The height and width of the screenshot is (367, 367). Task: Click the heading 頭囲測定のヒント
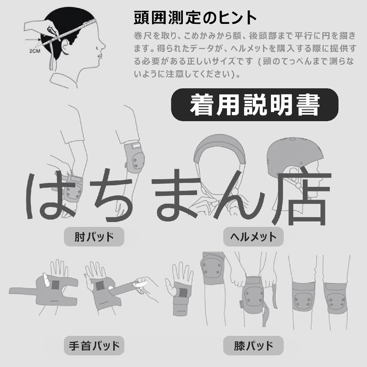[x=195, y=18]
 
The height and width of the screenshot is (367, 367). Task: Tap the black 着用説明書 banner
[x=254, y=105]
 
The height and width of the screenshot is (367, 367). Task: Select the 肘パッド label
[x=94, y=237]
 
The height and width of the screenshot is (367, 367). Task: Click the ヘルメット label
[x=253, y=237]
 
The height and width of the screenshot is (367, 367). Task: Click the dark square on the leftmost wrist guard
[x=55, y=285]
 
